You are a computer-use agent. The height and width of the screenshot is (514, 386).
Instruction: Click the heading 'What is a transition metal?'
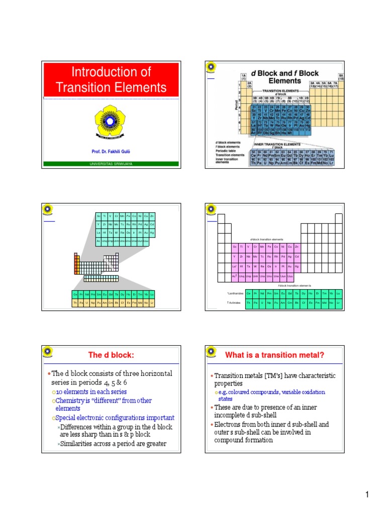(274, 355)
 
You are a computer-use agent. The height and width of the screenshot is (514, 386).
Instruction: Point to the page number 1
(367, 496)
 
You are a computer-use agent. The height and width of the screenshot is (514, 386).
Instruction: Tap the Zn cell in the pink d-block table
(297, 247)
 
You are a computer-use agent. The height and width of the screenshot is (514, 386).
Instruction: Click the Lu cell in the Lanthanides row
(338, 293)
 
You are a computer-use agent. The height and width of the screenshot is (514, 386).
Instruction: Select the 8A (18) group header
(341, 77)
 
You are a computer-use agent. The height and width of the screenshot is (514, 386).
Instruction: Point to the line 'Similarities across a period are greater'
(113, 444)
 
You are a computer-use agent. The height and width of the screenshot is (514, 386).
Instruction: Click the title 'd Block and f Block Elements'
(284, 76)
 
